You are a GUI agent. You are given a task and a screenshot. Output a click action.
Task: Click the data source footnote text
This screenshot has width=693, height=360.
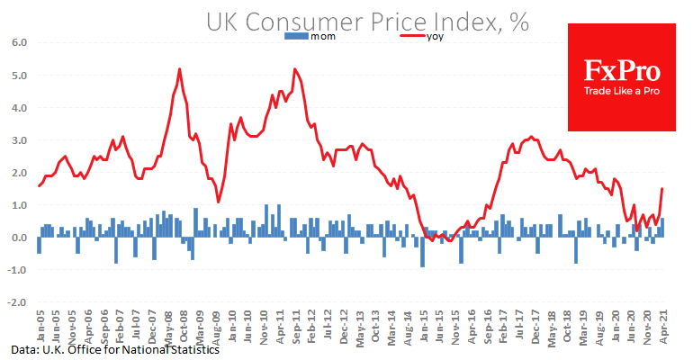pyautogui.click(x=116, y=349)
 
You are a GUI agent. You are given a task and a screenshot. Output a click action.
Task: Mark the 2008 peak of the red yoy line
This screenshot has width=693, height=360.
pyautogui.click(x=180, y=69)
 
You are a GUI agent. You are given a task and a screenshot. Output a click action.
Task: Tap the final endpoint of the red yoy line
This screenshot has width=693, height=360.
pyautogui.click(x=662, y=188)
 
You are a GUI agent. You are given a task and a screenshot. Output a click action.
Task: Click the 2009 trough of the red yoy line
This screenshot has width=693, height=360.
pyautogui.click(x=218, y=202)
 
